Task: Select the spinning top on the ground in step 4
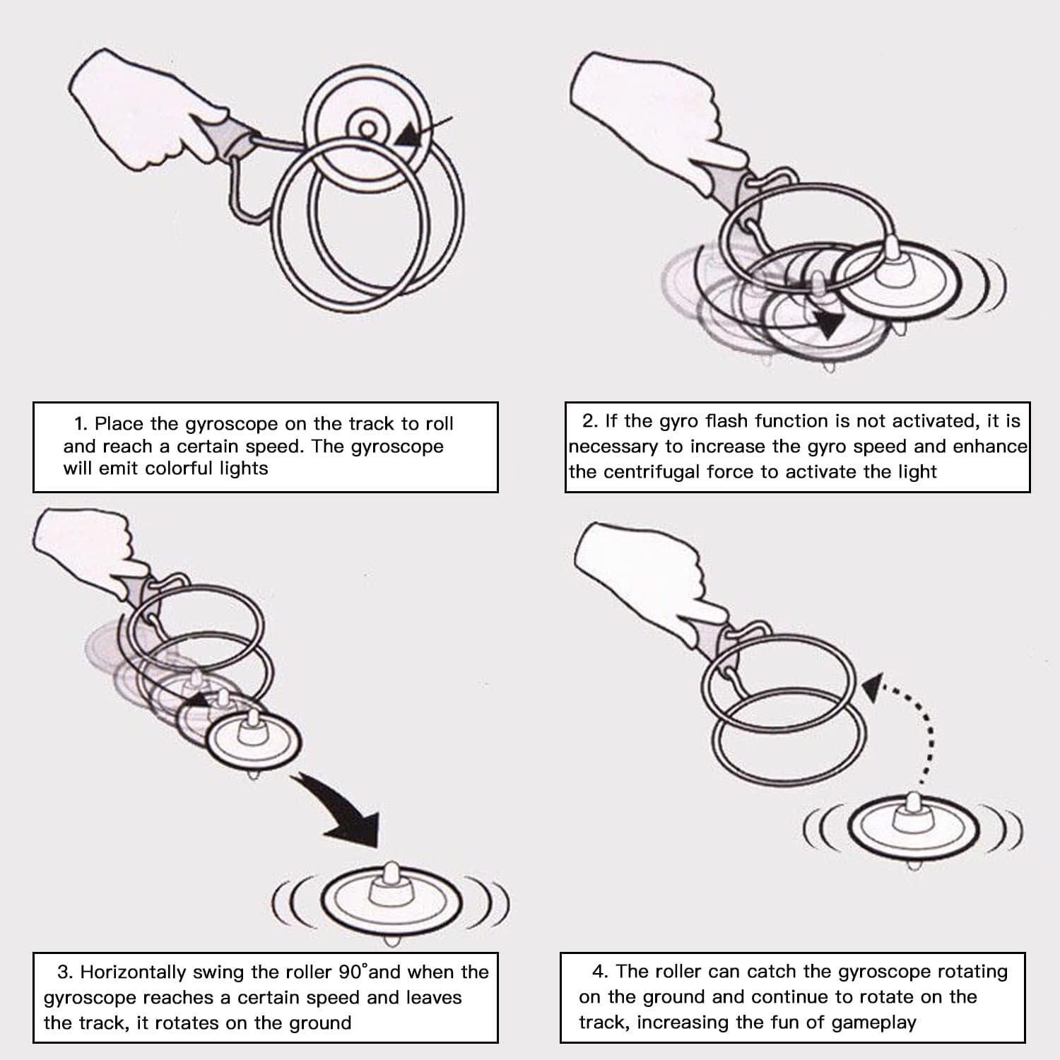(x=912, y=827)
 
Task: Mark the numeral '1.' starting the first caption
(x=81, y=424)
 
